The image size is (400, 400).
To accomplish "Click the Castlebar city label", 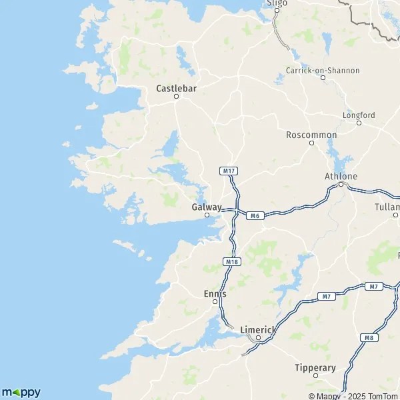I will [x=176, y=88].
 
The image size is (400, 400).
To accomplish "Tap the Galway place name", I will [x=207, y=207].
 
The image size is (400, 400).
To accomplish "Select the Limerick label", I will [x=257, y=330].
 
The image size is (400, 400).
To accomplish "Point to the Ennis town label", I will [x=215, y=293].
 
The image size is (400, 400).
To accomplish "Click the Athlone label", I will [x=341, y=176].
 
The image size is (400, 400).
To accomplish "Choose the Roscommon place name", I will [x=311, y=135].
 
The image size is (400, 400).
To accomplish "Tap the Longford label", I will [x=359, y=115].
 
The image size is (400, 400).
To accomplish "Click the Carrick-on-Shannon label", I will [x=323, y=70].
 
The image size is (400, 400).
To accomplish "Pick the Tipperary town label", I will [x=315, y=367].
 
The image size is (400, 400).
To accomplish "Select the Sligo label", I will [x=277, y=3].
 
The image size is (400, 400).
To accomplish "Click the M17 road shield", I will [x=229, y=171].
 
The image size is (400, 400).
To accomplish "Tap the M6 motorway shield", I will [x=254, y=215].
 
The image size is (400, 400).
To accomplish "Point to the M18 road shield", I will [x=231, y=262].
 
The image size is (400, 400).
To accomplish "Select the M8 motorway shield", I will [x=369, y=338].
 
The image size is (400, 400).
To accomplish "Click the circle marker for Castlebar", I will [x=177, y=97].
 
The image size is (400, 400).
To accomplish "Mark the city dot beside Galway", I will [x=207, y=215].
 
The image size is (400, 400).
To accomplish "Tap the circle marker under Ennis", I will [x=215, y=301].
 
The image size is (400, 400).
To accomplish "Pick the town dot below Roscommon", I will [x=311, y=143].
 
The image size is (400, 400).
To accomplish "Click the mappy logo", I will [x=21, y=392].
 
